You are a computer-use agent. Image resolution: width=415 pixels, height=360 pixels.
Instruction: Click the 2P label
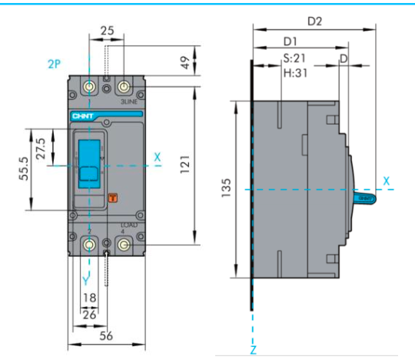click(x=53, y=64)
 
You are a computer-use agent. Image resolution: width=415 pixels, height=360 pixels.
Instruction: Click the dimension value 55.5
click(x=24, y=167)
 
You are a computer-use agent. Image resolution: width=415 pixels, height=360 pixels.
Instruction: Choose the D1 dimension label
click(x=291, y=39)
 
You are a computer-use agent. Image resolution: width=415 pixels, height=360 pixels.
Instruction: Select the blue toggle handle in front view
click(x=91, y=165)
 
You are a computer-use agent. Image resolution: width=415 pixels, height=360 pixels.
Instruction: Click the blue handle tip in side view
click(x=366, y=198)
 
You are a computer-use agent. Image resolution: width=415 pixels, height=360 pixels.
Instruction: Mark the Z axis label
click(x=253, y=350)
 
